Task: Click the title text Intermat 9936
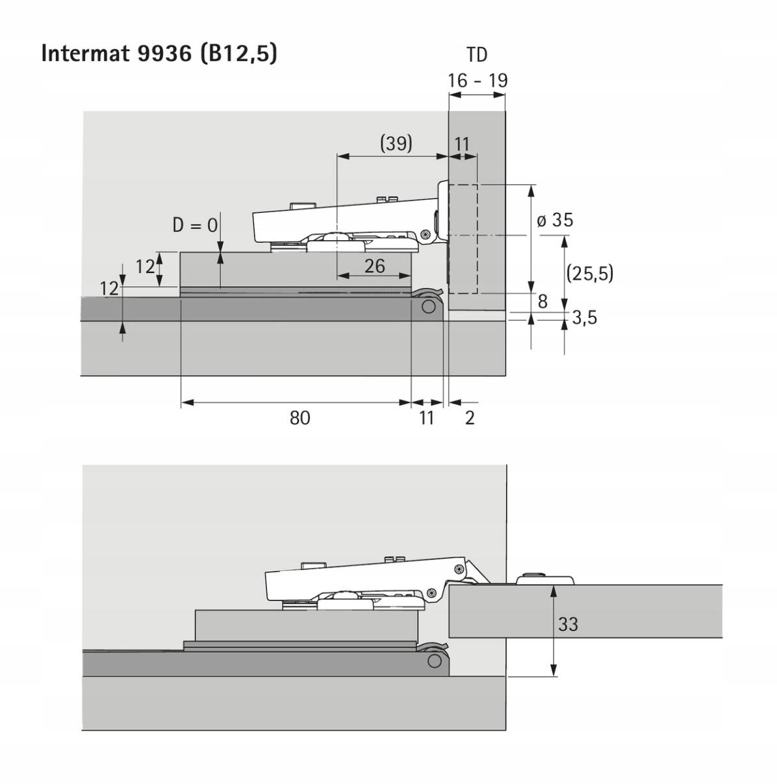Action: tap(116, 53)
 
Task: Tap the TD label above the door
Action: tap(476, 55)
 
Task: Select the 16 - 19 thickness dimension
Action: tap(477, 80)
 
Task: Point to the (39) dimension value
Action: tap(396, 143)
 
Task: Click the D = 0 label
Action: tap(195, 225)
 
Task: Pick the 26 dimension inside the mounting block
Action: tap(374, 266)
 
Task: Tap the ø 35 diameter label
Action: tap(555, 220)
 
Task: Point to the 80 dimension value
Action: tap(300, 418)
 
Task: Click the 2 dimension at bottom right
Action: tap(470, 418)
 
